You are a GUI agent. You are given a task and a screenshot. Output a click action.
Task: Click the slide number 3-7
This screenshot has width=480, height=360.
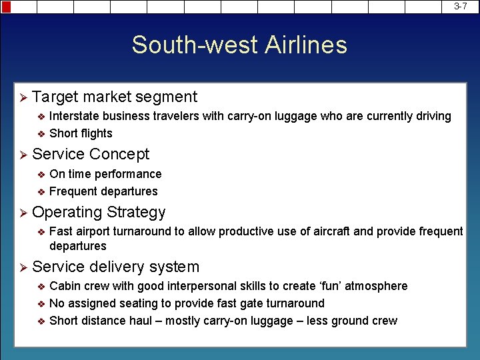point(461,6)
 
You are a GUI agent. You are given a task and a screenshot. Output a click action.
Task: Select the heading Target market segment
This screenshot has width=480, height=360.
point(115,97)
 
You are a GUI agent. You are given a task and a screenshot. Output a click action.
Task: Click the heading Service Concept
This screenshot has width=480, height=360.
point(91,154)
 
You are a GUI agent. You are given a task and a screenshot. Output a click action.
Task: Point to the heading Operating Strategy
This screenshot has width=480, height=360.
point(99,212)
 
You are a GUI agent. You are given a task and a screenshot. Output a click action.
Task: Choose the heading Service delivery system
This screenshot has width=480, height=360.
point(115,267)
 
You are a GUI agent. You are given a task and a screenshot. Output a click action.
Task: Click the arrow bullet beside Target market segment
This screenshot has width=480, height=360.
point(22,97)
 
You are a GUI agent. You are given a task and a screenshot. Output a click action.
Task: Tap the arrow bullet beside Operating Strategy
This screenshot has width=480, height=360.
point(22,213)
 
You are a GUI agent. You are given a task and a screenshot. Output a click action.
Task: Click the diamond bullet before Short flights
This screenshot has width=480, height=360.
point(41,133)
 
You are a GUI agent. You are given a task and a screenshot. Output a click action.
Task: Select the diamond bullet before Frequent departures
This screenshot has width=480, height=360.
point(41,192)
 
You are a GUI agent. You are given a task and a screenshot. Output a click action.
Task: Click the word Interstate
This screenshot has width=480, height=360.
point(75,116)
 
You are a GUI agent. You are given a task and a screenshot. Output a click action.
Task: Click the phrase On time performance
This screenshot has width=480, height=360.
point(105,174)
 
